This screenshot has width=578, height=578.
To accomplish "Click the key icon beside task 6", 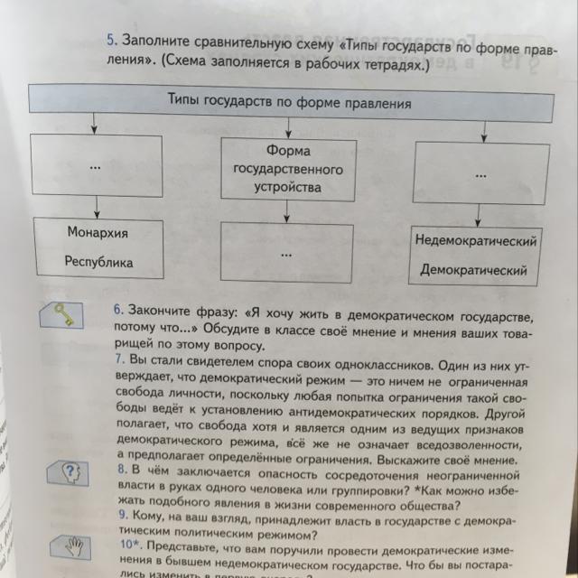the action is click(61, 312).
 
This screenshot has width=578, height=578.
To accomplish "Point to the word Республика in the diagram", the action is click(98, 263).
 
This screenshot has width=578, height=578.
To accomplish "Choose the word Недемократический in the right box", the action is click(476, 241).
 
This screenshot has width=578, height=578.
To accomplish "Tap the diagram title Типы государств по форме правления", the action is click(289, 103).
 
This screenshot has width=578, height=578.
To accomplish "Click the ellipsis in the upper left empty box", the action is click(95, 169).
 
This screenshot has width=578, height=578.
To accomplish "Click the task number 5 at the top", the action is click(112, 41).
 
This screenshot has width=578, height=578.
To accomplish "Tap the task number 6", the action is click(117, 309).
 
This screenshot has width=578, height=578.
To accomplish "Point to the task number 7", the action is click(117, 359).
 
